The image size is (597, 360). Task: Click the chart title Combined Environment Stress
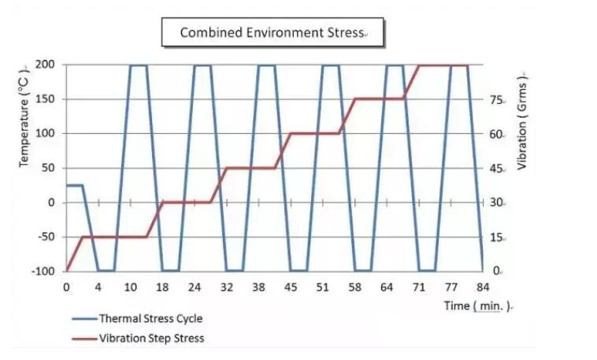pyautogui.click(x=272, y=32)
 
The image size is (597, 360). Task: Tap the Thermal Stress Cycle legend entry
pyautogui.click(x=150, y=319)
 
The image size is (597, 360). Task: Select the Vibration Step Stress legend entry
pyautogui.click(x=150, y=338)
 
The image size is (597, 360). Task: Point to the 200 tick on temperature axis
pyautogui.click(x=46, y=64)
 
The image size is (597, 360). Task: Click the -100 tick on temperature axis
pyautogui.click(x=43, y=271)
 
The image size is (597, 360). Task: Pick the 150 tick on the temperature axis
pyautogui.click(x=46, y=99)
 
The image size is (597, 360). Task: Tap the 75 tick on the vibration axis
pyautogui.click(x=496, y=100)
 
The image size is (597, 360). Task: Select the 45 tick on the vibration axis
pyautogui.click(x=496, y=169)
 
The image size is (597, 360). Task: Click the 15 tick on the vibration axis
pyautogui.click(x=496, y=237)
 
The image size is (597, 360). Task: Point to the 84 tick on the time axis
pyautogui.click(x=482, y=288)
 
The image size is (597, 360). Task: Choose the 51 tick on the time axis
pyautogui.click(x=322, y=288)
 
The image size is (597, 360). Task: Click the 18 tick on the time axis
pyautogui.click(x=162, y=288)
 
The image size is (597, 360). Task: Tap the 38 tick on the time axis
pyautogui.click(x=258, y=288)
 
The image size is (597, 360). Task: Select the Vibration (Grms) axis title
pyautogui.click(x=522, y=121)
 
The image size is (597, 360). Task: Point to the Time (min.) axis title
pyautogui.click(x=476, y=305)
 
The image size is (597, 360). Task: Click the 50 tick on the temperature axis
pyautogui.click(x=49, y=168)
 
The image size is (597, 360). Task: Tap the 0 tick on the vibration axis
pyautogui.click(x=493, y=271)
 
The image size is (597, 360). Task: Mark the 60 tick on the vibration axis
pyautogui.click(x=496, y=134)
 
